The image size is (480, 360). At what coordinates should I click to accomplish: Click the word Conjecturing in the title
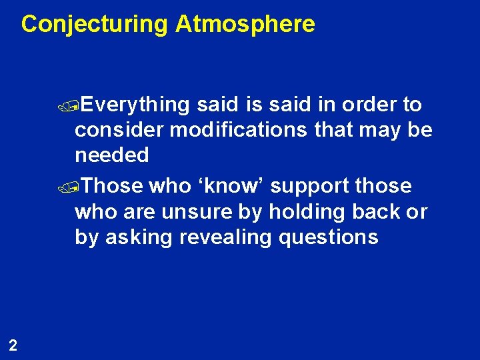[95, 25]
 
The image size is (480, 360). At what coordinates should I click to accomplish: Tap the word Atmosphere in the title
[245, 25]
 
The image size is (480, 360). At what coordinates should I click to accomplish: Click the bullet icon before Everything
[80, 105]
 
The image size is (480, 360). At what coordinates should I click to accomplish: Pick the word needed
[112, 155]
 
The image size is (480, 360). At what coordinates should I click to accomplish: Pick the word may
[379, 130]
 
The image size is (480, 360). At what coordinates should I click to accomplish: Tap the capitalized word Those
[115, 186]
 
